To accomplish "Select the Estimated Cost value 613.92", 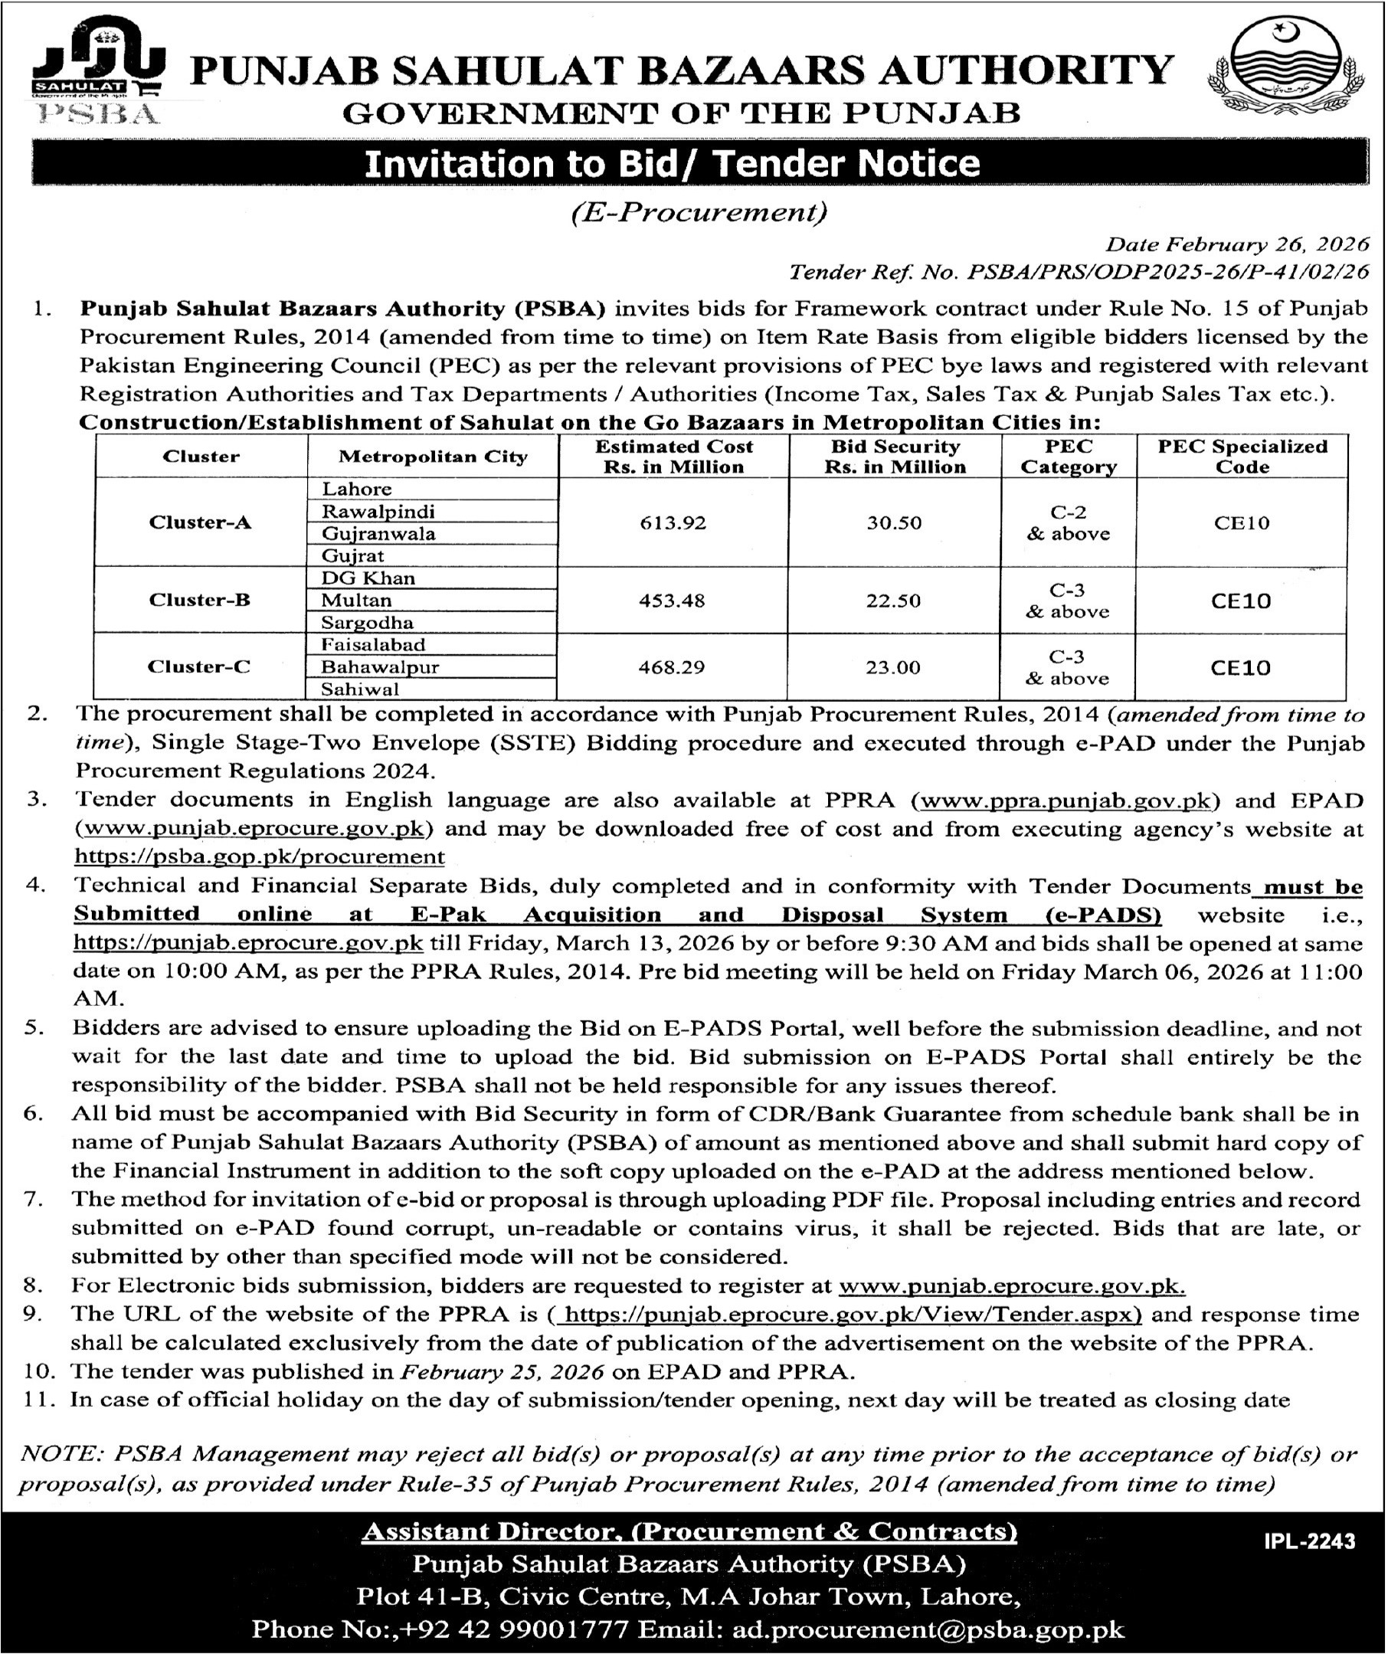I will coord(673,523).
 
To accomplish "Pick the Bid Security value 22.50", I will coord(894,601).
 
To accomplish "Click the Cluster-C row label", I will coord(199,667).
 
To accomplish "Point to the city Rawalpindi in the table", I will coord(378,511).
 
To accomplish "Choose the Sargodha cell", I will coord(367,623).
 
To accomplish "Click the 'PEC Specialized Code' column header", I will coord(1242,457).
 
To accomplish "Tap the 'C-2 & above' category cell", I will coord(1069,523).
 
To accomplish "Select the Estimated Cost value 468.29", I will coord(673,668).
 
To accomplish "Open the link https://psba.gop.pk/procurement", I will coord(259,858).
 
